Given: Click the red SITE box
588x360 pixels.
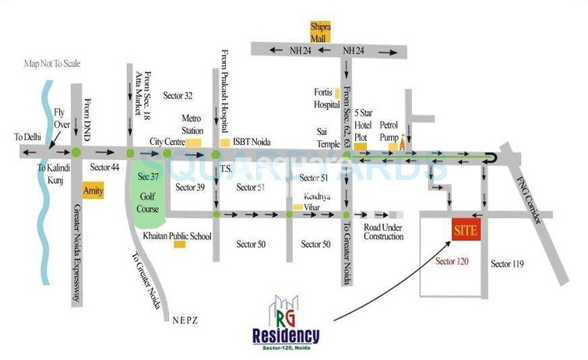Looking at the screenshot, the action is click(465, 231).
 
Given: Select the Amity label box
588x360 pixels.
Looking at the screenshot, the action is click(93, 191).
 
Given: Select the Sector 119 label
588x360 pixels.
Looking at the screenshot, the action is click(507, 264).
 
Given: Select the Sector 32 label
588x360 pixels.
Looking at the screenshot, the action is click(178, 95).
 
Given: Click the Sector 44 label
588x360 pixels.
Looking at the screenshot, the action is click(104, 168).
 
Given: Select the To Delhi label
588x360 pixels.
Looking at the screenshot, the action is click(26, 137).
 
